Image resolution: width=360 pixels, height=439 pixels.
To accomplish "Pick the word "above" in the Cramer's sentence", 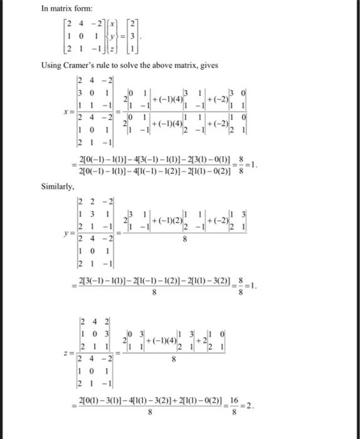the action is pyautogui.click(x=169, y=65).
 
